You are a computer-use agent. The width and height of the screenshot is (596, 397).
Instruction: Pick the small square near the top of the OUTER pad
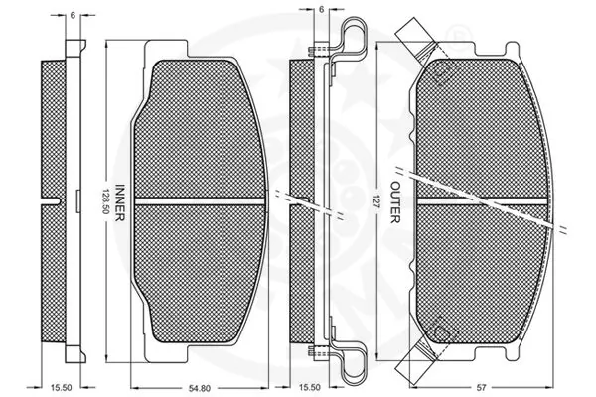click(442, 67)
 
